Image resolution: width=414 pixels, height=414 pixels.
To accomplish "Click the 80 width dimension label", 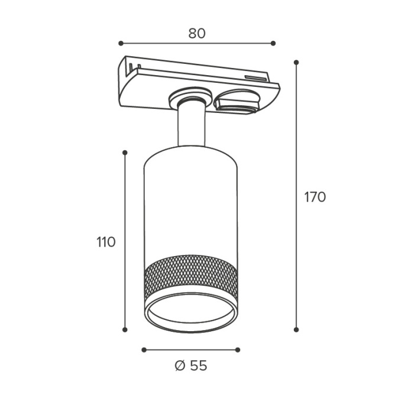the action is [197, 34].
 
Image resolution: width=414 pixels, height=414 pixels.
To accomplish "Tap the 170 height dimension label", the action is [315, 197].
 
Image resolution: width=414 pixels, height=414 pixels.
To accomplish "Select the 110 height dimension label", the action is [106, 242].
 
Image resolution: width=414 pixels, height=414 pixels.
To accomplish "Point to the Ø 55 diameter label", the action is [191, 366].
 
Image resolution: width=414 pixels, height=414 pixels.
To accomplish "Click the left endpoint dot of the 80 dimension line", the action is [121, 43].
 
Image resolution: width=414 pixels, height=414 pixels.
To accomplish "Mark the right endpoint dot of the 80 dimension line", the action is [273, 43].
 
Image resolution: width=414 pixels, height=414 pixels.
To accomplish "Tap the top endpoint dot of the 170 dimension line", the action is [296, 62].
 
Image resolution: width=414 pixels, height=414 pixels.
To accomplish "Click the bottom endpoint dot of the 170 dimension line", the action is [296, 329].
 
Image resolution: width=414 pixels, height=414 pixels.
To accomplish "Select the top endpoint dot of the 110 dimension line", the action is [125, 153].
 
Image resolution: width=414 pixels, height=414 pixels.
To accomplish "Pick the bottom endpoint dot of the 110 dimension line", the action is [125, 329].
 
